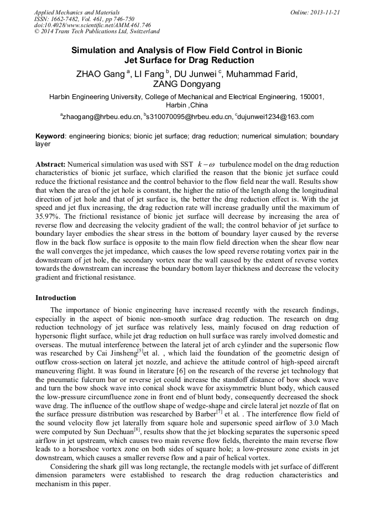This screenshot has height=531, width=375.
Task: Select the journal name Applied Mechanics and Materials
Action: pyautogui.click(x=77, y=12)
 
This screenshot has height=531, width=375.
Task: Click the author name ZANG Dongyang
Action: pyautogui.click(x=187, y=84)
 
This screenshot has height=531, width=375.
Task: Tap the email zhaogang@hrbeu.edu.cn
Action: pyautogui.click(x=101, y=117)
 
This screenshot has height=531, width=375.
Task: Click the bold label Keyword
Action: pyautogui.click(x=50, y=136)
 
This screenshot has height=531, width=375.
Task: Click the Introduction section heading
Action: pyautogui.click(x=56, y=297)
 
